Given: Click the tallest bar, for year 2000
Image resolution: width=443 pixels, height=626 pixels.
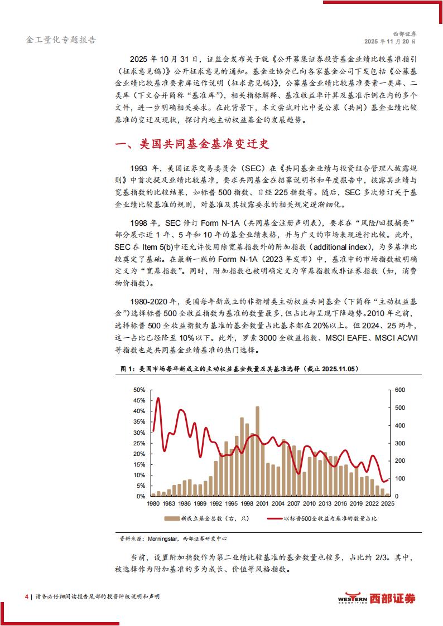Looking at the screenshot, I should [257, 452].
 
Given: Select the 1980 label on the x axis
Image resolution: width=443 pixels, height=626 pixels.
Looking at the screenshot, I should [152, 503].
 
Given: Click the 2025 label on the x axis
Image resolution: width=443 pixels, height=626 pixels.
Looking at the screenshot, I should [389, 503].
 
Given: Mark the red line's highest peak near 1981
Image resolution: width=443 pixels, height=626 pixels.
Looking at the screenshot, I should [158, 398].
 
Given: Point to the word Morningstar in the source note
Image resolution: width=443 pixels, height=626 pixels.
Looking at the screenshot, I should [161, 539].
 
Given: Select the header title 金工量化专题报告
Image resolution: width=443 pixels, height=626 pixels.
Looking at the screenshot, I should [61, 40].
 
